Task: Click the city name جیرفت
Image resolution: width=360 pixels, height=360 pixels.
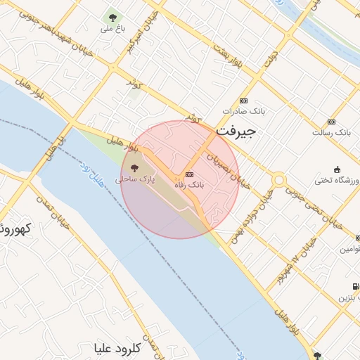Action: [236, 131]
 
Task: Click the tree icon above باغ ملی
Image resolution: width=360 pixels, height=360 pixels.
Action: [111, 17]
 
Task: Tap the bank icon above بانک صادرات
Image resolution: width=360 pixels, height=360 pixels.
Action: [244, 101]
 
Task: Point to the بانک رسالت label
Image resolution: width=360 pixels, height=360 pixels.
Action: [333, 132]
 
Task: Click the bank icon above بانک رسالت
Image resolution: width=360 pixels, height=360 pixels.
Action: [341, 121]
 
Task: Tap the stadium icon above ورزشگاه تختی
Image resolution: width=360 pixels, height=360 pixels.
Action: [337, 169]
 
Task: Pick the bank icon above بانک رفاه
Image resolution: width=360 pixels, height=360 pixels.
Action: [188, 174]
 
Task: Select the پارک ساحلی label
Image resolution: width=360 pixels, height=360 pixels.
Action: [134, 179]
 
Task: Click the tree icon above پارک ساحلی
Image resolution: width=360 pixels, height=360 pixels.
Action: [134, 167]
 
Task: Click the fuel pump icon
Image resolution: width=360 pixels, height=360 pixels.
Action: [354, 285]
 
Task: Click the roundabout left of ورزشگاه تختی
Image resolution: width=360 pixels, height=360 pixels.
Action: [279, 180]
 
